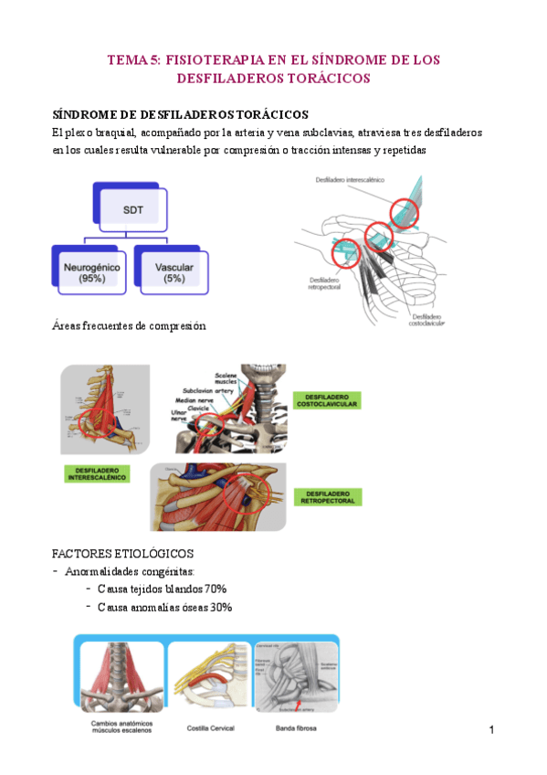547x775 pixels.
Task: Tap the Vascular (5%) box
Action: click(x=173, y=271)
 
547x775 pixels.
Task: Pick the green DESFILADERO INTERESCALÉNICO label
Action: click(x=98, y=474)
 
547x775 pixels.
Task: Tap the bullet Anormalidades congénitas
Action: click(x=124, y=572)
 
